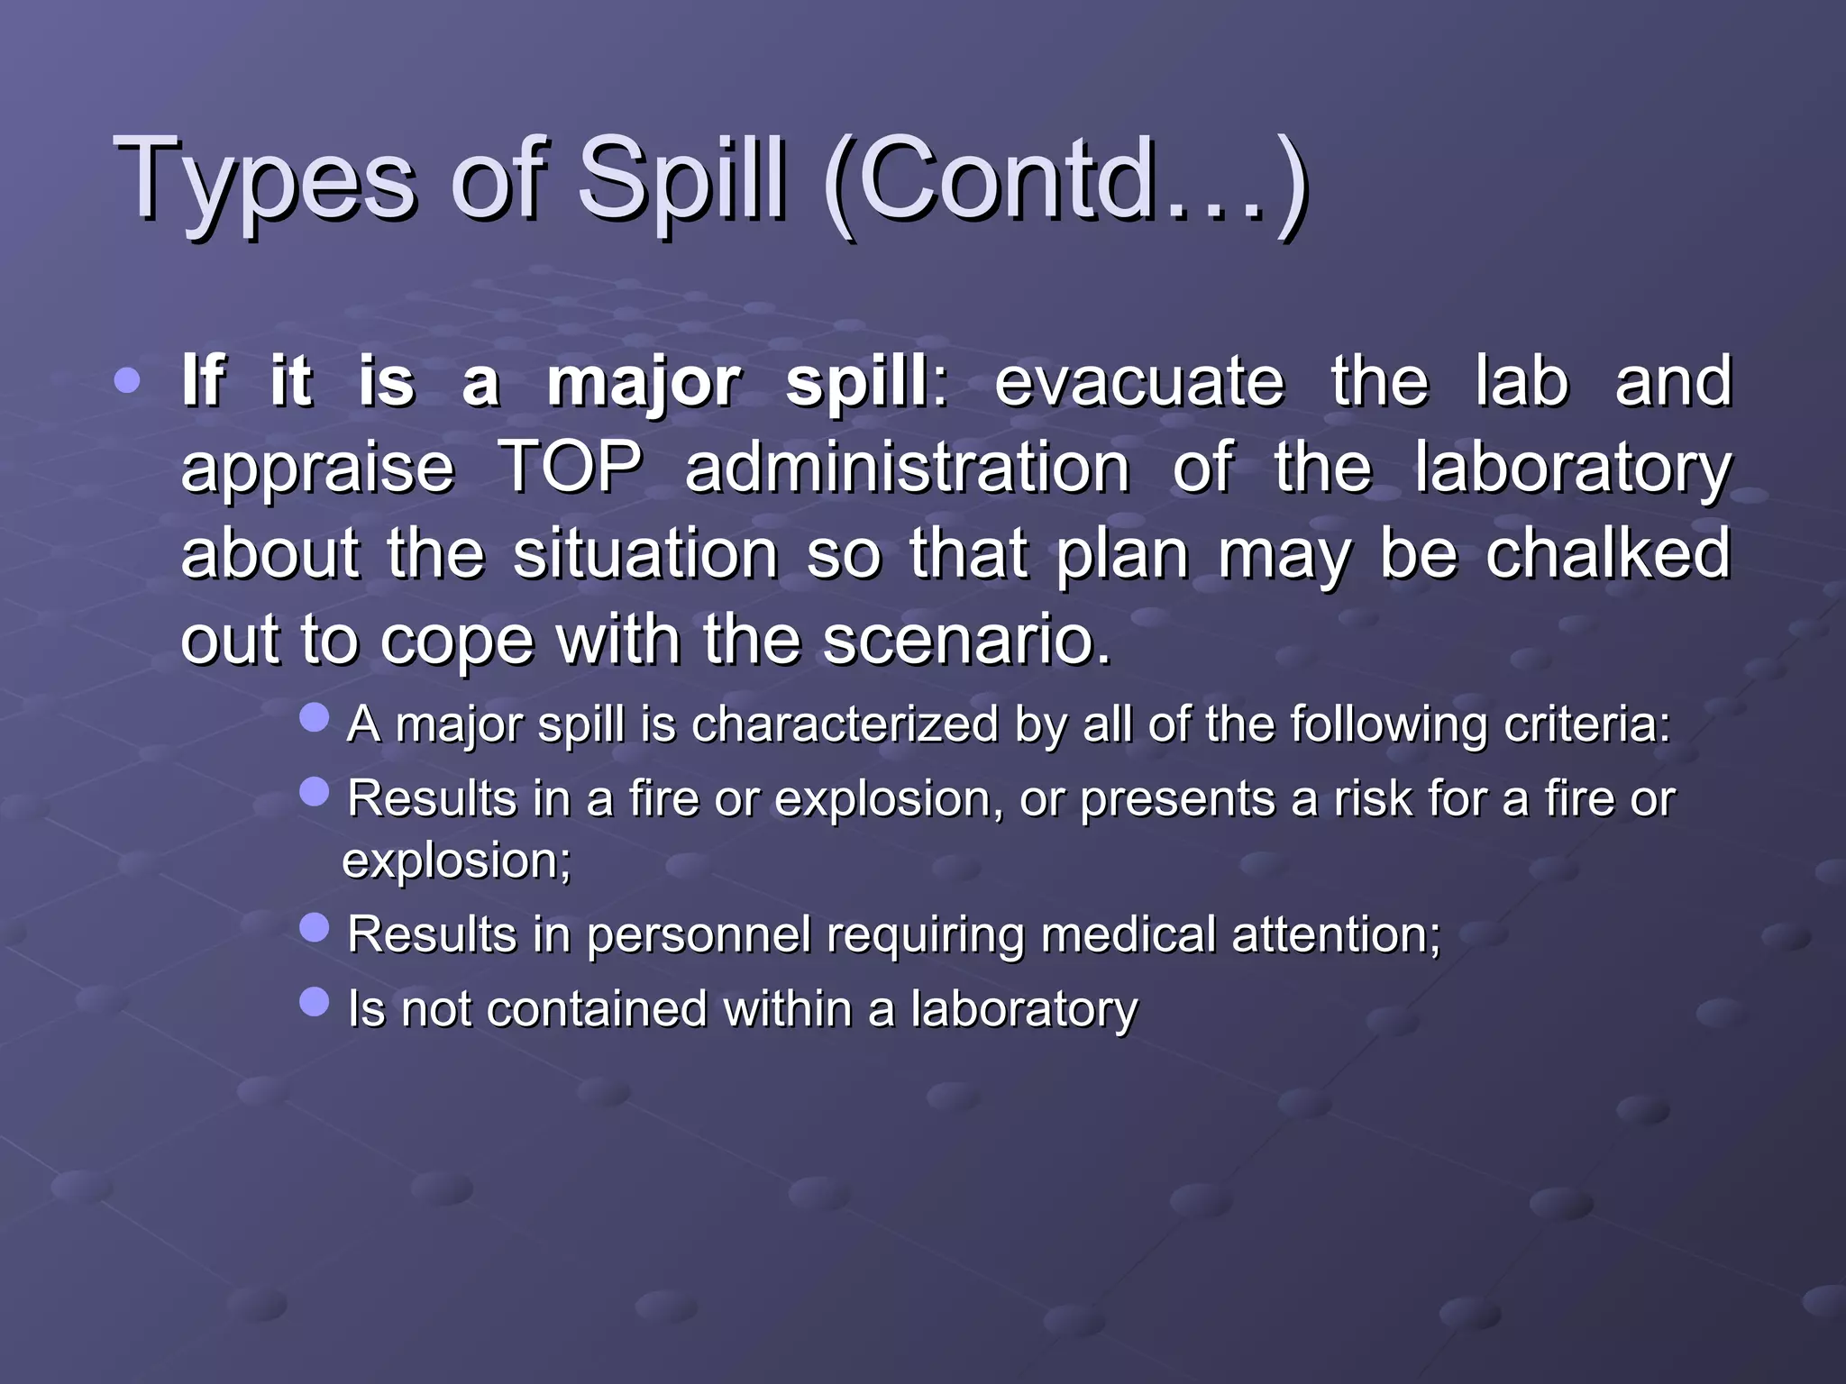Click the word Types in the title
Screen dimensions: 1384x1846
[266, 180]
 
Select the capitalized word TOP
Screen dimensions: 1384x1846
[571, 467]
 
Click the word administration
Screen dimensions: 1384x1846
[907, 467]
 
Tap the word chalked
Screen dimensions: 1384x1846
[1608, 552]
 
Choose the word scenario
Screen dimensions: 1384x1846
[966, 640]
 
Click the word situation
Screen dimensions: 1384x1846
[645, 552]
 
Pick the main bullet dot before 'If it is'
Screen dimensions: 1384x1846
[128, 380]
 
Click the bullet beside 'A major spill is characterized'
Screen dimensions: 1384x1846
[315, 718]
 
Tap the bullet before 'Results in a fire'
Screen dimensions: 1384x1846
[315, 792]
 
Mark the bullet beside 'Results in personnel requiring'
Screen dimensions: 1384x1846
[315, 927]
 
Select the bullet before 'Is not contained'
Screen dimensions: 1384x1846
[315, 1001]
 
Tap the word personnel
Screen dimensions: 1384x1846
[699, 934]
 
